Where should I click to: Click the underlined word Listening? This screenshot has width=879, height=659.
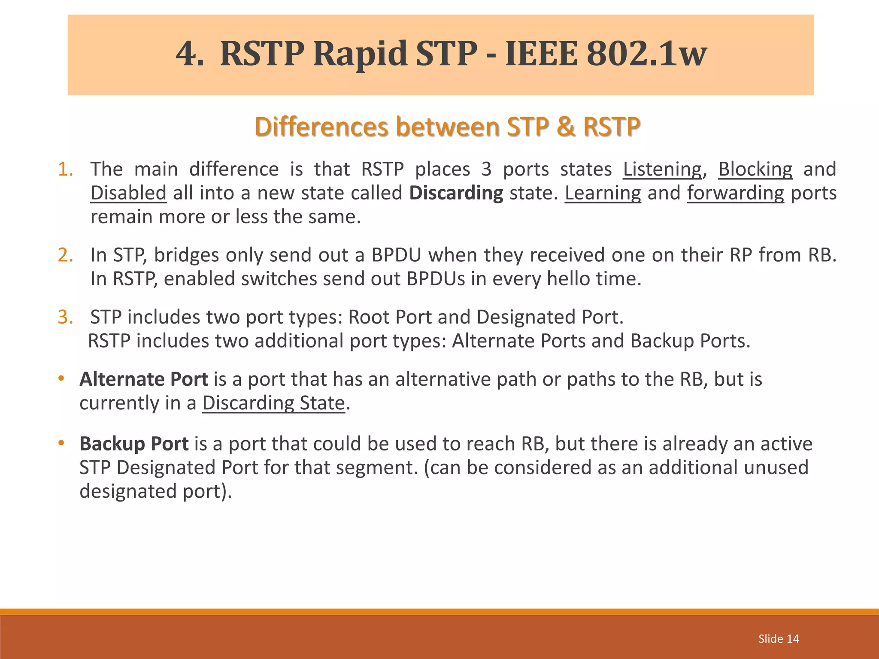point(662,169)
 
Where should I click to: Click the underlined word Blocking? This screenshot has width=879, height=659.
point(755,169)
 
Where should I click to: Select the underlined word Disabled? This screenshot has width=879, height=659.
point(128,193)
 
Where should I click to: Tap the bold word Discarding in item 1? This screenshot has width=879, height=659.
point(456,193)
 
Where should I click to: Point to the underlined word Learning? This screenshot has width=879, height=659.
point(603,193)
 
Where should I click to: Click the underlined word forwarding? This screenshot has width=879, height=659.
point(735,193)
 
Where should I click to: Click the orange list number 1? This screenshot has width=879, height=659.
point(65,169)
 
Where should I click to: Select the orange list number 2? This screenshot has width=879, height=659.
point(65,255)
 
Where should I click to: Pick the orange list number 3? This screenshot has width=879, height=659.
point(65,317)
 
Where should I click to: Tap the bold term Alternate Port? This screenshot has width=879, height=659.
point(144,379)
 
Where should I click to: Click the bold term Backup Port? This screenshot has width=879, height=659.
point(134,444)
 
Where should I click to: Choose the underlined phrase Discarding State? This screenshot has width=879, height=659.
point(273,403)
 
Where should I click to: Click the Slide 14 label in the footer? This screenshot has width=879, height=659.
point(779,639)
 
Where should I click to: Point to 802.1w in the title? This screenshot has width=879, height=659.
point(646,54)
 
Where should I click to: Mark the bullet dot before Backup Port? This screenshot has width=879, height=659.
point(61,442)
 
